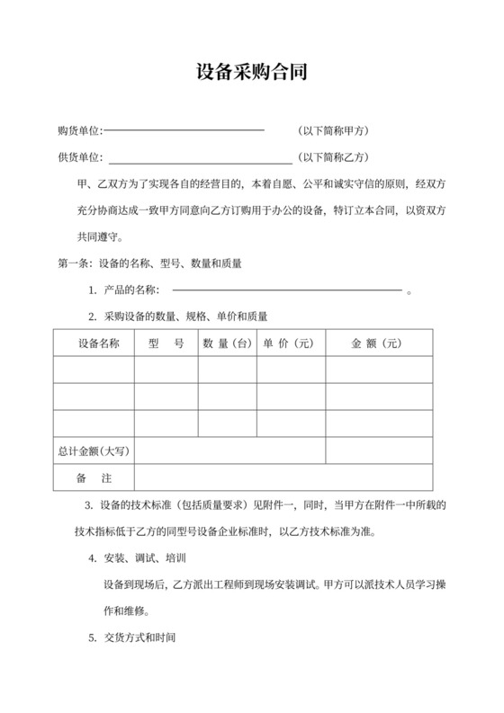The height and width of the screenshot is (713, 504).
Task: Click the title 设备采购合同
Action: pyautogui.click(x=252, y=73)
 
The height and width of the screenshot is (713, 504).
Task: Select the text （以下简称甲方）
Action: pyautogui.click(x=332, y=131)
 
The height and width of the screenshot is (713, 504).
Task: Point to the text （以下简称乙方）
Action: pyautogui.click(x=332, y=157)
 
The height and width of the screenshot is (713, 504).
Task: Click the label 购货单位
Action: pyautogui.click(x=78, y=131)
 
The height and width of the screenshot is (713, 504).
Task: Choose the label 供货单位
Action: pyautogui.click(x=78, y=157)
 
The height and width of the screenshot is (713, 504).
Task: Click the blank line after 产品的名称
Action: pyautogui.click(x=286, y=290)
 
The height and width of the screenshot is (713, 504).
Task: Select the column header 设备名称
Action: pyautogui.click(x=94, y=343)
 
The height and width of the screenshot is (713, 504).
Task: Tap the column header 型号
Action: pyautogui.click(x=166, y=343)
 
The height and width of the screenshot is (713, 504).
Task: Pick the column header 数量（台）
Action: pyautogui.click(x=227, y=343)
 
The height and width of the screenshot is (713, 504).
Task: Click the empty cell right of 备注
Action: pyautogui.click(x=283, y=477)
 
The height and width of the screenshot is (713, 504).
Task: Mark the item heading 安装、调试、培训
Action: pyautogui.click(x=145, y=558)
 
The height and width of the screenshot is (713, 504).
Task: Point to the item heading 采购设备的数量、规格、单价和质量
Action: pyautogui.click(x=186, y=316)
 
